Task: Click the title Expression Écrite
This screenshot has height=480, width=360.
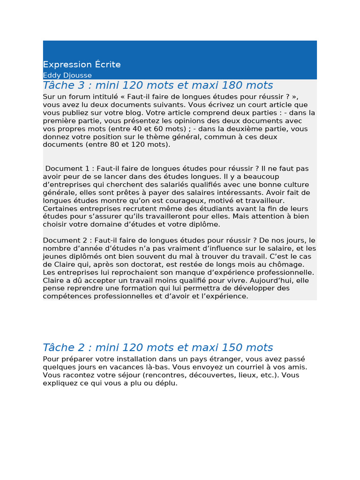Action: coord(82,65)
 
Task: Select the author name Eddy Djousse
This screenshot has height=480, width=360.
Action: coord(67,75)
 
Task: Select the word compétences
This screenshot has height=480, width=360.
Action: coord(65,296)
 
